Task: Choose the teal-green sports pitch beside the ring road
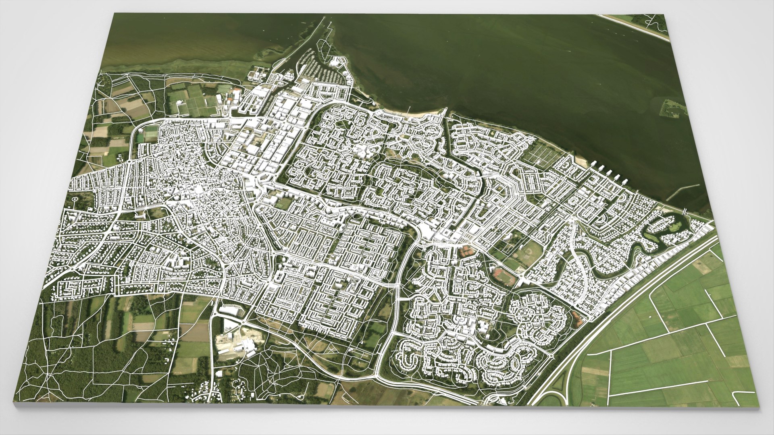150,133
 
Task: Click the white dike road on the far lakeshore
633,26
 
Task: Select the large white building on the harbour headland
335,62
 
